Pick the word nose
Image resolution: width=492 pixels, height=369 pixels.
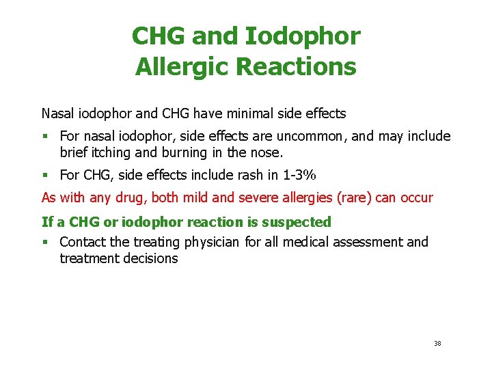(267, 152)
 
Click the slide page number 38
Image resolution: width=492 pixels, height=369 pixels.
(437, 343)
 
